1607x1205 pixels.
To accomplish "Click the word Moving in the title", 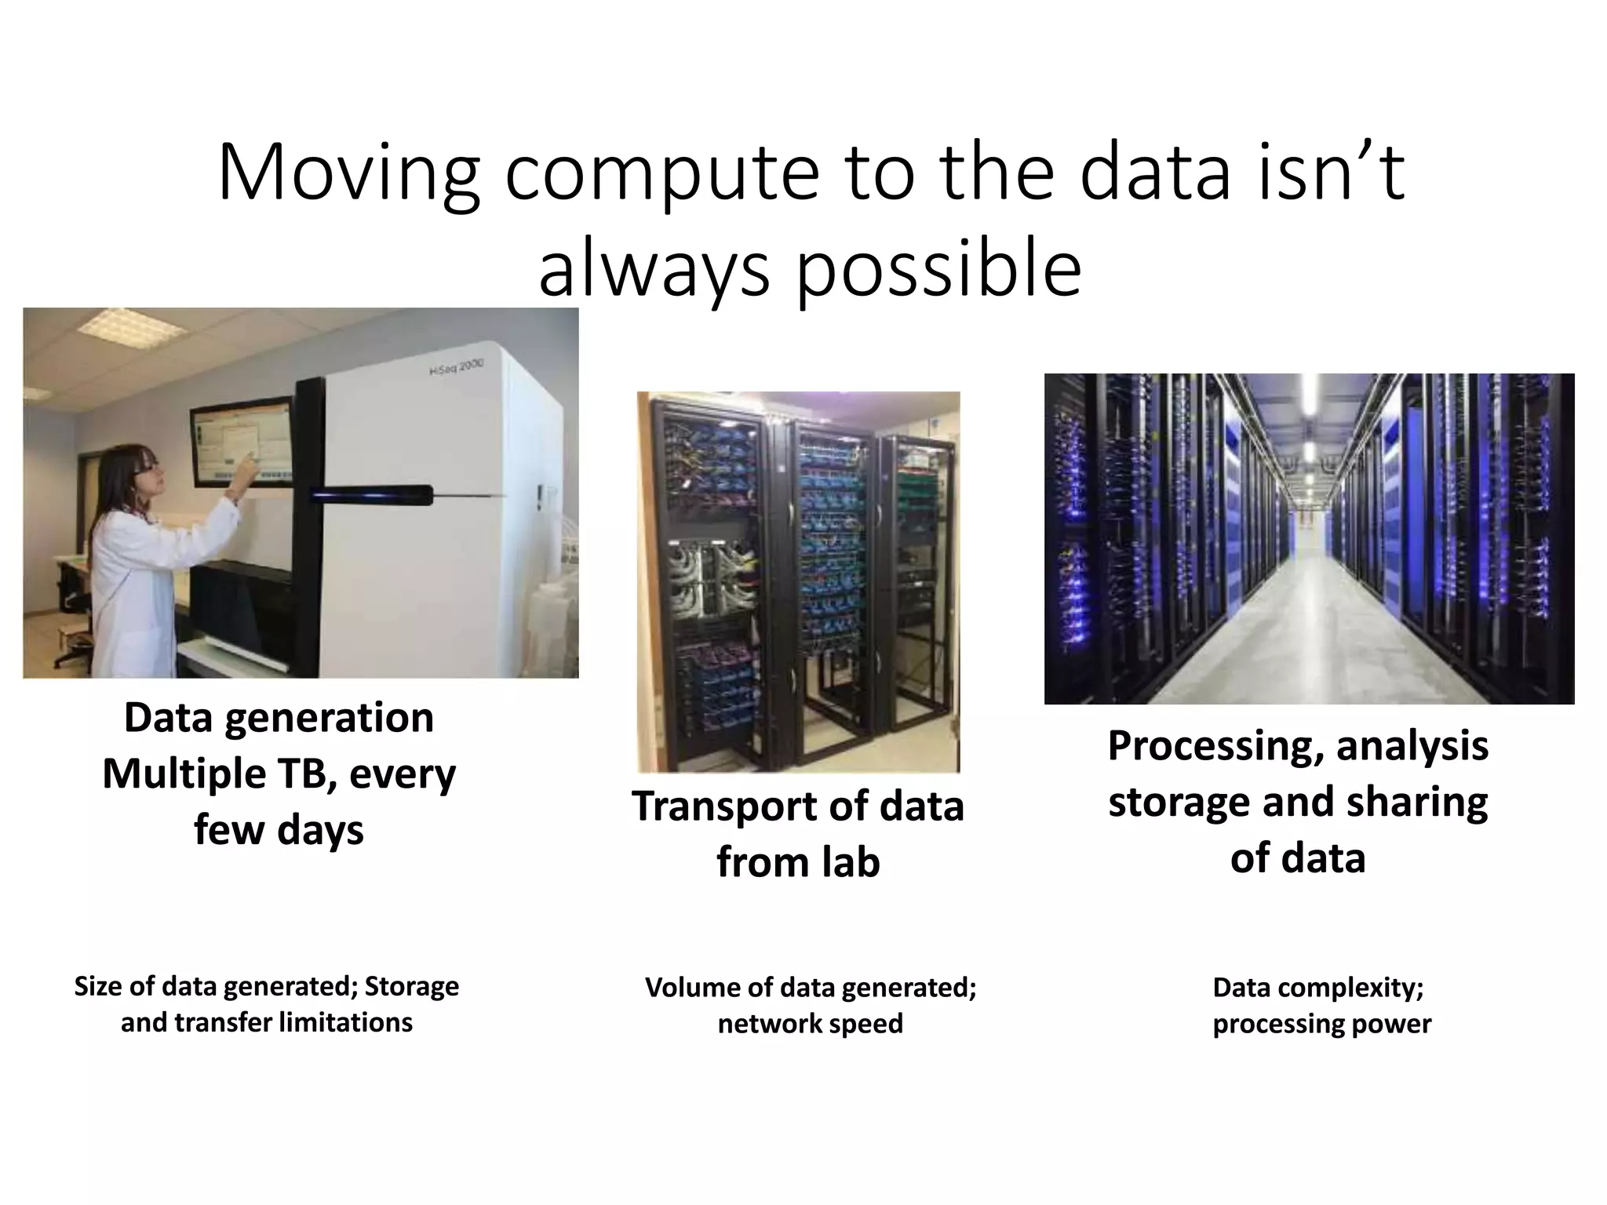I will coord(348,174).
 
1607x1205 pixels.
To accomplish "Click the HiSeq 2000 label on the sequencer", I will coord(457,367).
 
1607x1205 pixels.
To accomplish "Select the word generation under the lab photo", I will coord(329,718).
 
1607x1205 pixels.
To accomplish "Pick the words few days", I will coord(279,830).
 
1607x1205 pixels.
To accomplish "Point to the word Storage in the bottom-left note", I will coord(411,986).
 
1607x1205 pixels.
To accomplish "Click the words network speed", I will coord(810,1024).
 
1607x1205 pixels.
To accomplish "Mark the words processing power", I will coord(1321,1024).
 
